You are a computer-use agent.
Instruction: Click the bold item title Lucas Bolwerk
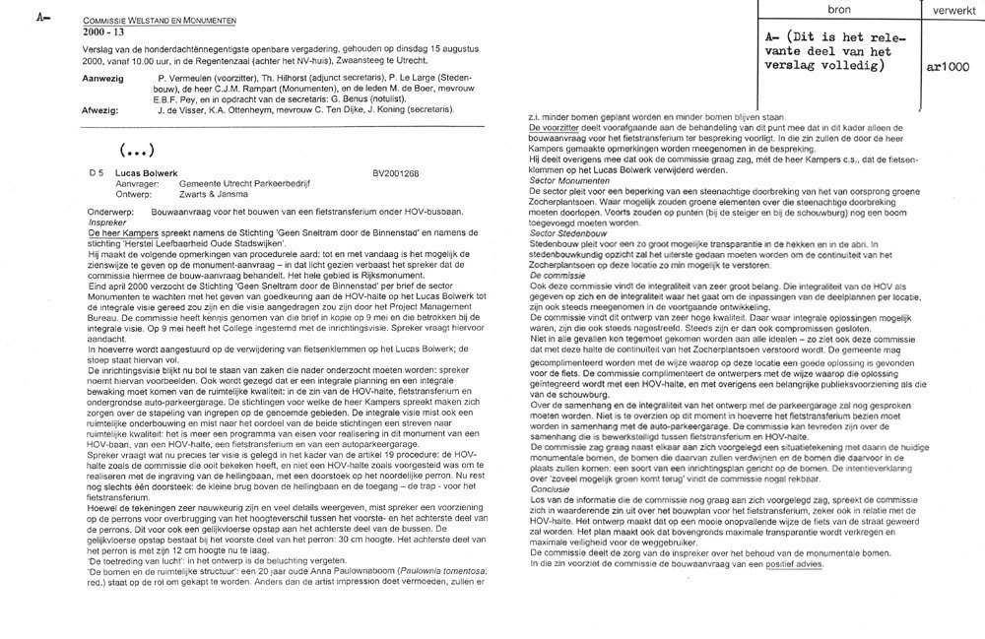click(x=143, y=173)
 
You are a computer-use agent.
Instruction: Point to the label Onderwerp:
click(x=107, y=212)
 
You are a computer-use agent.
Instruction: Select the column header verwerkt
click(x=949, y=7)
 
